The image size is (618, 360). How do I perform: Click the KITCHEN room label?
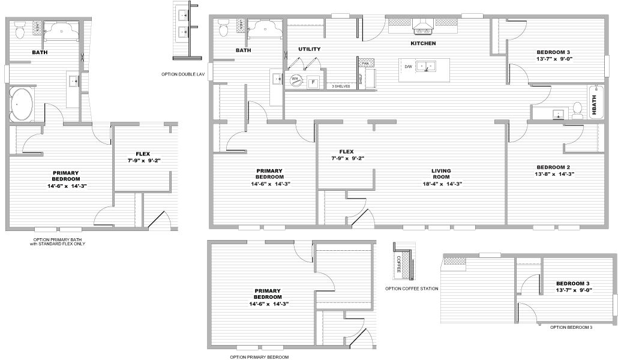(423, 43)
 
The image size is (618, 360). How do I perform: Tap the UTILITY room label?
(309, 49)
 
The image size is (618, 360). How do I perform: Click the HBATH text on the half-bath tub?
(595, 106)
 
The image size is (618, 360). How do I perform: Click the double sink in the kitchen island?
(427, 66)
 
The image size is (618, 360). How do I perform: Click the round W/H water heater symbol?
(295, 79)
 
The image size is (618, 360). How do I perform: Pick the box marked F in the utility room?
(313, 82)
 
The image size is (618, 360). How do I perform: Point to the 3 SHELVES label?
(341, 86)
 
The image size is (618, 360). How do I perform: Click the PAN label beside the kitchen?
(365, 63)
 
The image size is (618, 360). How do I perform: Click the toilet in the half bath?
(577, 109)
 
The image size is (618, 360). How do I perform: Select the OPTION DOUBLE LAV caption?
(182, 74)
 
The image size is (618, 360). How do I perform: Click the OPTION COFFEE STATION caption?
(412, 289)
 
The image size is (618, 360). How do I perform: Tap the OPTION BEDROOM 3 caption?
(571, 327)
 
